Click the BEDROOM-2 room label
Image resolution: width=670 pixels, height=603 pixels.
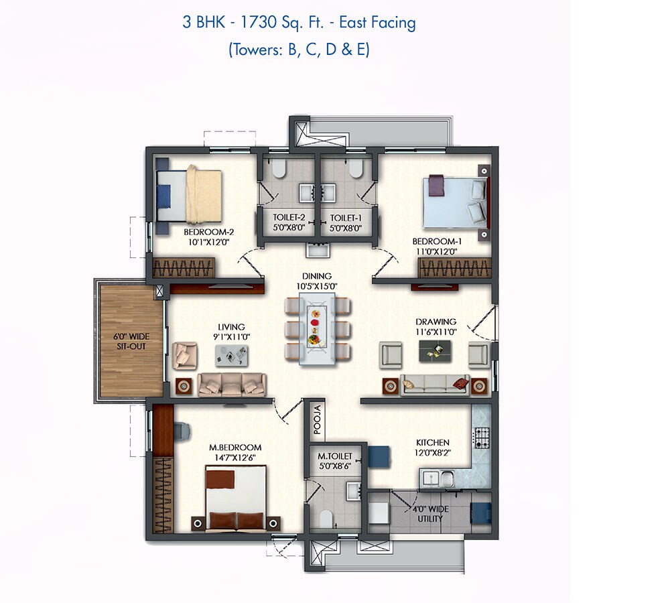pyautogui.click(x=208, y=233)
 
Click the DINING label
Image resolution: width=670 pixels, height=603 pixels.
pyautogui.click(x=316, y=276)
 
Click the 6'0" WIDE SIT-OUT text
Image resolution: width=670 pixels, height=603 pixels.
pyautogui.click(x=130, y=341)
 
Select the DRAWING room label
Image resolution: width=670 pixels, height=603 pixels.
pyautogui.click(x=435, y=322)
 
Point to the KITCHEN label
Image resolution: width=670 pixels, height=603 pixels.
pyautogui.click(x=432, y=443)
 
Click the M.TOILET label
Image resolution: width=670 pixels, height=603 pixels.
pyautogui.click(x=335, y=456)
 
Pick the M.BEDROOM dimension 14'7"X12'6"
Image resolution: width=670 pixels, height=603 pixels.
pyautogui.click(x=234, y=457)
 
